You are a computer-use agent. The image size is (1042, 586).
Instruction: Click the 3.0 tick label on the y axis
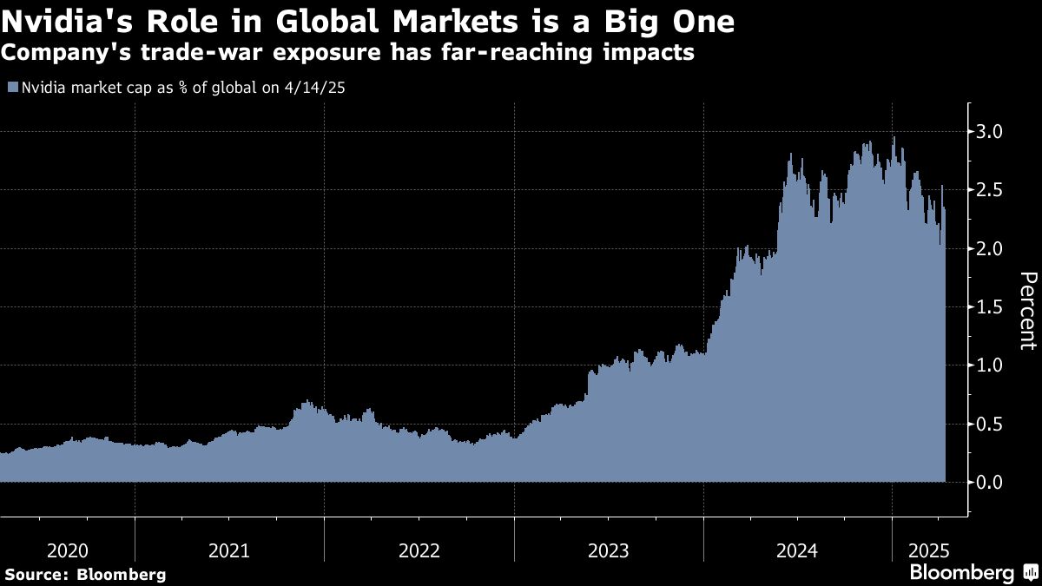tap(992, 132)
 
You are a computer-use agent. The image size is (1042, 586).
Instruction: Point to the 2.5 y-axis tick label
tap(992, 190)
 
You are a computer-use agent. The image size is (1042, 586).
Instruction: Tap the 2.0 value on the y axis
tap(992, 248)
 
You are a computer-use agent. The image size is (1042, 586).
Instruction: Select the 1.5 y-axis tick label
tap(992, 307)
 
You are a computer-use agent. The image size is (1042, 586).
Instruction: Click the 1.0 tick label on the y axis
tap(992, 365)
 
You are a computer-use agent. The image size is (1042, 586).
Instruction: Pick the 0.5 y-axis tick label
tap(992, 424)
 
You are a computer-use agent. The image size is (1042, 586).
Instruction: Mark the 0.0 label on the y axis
tap(992, 482)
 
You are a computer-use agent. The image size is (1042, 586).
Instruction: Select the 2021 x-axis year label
tap(230, 550)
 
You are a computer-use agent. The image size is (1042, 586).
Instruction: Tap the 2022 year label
tap(419, 550)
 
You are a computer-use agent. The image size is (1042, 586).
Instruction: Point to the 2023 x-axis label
tap(609, 550)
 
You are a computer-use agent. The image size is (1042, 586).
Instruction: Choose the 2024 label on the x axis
tap(797, 550)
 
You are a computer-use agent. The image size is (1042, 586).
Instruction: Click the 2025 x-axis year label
tap(928, 550)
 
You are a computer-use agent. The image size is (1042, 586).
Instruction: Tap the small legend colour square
tap(12, 87)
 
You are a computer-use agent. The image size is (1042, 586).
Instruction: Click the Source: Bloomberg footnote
tap(85, 574)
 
